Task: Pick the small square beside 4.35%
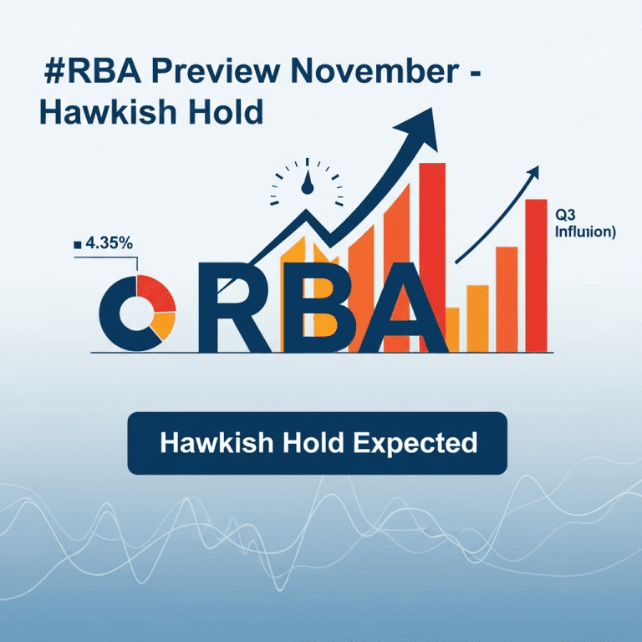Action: [78, 244]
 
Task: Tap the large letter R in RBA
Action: [230, 311]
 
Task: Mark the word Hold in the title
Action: [222, 111]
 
